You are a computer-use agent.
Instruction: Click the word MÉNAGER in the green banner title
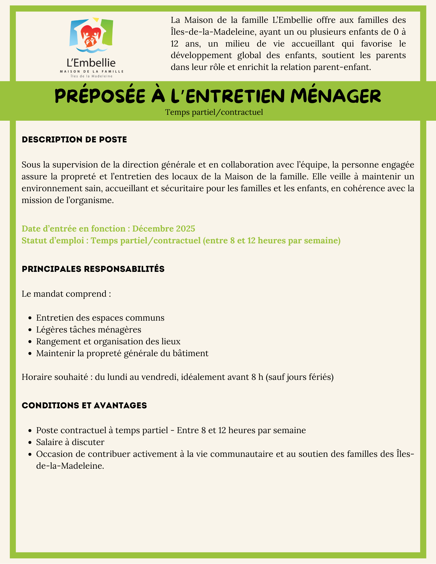point(336,96)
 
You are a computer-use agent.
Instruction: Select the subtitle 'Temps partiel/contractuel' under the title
point(214,112)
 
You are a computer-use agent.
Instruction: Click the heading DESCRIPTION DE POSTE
point(74,140)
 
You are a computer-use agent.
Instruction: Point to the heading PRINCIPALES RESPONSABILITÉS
point(93,269)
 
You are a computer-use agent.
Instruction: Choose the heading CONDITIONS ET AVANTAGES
point(84,405)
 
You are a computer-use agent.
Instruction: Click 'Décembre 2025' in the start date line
point(164,228)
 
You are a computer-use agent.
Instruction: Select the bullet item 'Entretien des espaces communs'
point(100,318)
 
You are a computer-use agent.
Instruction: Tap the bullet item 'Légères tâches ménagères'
point(89,329)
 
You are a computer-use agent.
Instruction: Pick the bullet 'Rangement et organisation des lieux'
point(108,342)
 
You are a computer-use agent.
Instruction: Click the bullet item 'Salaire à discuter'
point(70,442)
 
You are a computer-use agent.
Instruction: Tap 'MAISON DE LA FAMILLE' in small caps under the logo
point(91,71)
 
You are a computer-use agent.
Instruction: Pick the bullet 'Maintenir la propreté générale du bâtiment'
point(122,353)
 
